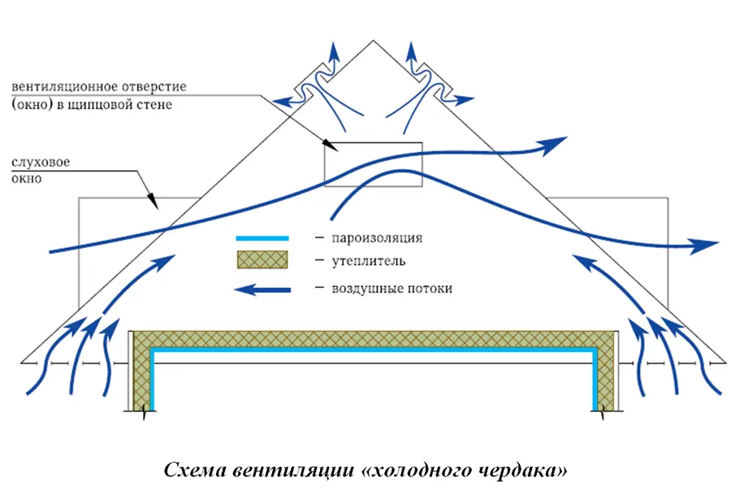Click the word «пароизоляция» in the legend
[377, 238]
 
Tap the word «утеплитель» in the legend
[369, 261]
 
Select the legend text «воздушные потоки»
[392, 289]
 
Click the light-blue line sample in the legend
[262, 238]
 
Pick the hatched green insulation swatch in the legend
[262, 259]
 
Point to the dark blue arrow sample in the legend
[262, 290]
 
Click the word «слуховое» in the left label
[41, 163]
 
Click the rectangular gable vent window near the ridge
[374, 164]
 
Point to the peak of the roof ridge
[373, 41]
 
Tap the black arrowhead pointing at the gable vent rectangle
[332, 146]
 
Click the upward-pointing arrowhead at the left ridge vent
[335, 50]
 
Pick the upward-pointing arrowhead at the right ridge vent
[411, 50]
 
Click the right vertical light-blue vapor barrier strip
[595, 379]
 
